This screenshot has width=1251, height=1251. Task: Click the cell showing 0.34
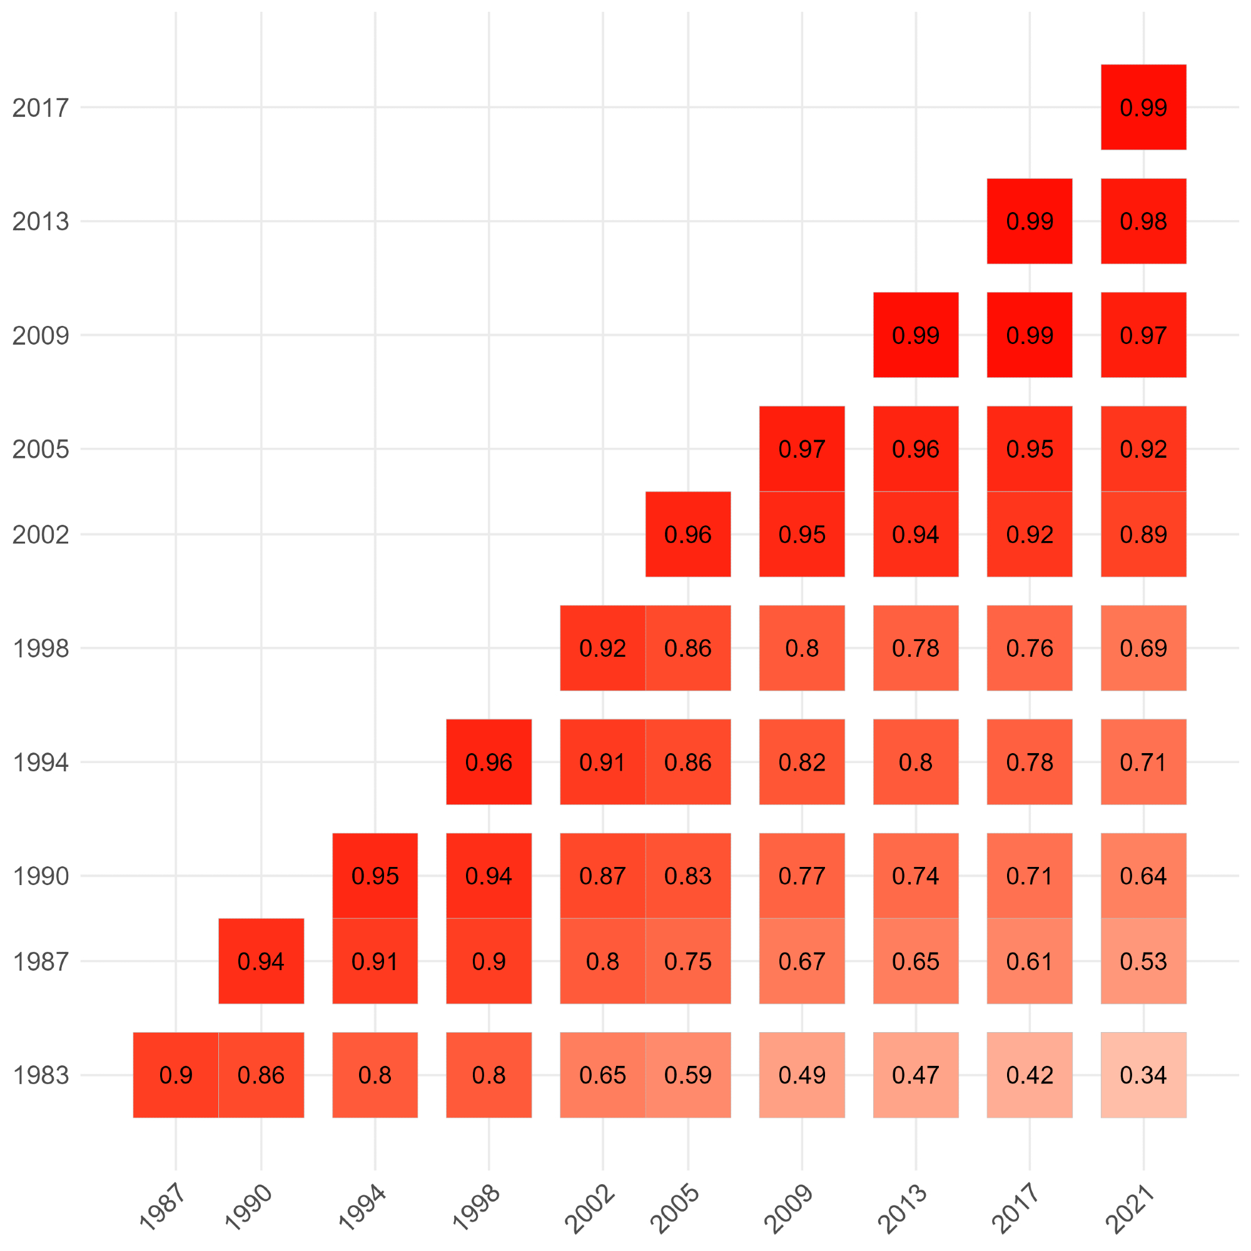(x=1143, y=1075)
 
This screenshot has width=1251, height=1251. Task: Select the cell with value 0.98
(x=1143, y=221)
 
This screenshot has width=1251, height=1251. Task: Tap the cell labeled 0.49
(x=802, y=1075)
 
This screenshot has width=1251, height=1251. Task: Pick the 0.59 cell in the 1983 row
(x=687, y=1075)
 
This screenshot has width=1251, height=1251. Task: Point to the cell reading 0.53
(x=1143, y=961)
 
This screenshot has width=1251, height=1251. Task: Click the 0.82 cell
(x=802, y=762)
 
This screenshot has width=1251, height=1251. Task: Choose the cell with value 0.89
(x=1143, y=534)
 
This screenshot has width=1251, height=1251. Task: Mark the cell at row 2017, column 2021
(x=1143, y=108)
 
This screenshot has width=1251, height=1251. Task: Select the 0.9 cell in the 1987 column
(x=176, y=1075)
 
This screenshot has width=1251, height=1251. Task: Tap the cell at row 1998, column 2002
(x=602, y=648)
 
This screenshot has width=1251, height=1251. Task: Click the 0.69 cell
(x=1143, y=648)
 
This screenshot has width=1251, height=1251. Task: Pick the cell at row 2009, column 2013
(x=916, y=335)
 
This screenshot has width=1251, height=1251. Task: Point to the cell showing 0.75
(x=687, y=961)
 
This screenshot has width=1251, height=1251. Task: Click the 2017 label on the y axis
(x=40, y=108)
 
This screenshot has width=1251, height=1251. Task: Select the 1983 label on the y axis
(x=40, y=1075)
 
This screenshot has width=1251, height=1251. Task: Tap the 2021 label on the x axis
(x=1130, y=1208)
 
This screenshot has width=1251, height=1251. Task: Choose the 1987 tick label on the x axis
(x=163, y=1208)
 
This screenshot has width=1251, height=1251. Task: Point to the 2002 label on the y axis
(x=40, y=535)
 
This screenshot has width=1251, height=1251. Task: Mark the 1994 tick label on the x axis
(x=362, y=1208)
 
